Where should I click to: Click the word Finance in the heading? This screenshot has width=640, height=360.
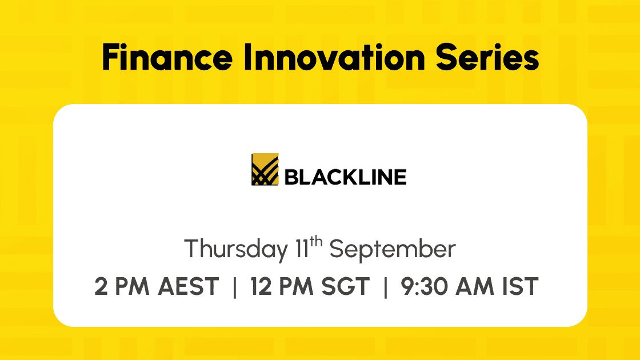click(167, 57)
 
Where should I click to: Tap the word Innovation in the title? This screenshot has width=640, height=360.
click(334, 57)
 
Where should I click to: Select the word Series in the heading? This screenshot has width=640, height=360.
click(487, 57)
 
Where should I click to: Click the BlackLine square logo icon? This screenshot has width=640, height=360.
click(265, 169)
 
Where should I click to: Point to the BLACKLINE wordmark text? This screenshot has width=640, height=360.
click(345, 177)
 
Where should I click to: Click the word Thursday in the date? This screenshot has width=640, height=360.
click(236, 249)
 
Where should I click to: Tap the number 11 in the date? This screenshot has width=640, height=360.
click(302, 249)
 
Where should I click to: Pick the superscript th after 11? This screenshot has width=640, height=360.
click(316, 242)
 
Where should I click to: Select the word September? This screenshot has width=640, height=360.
click(392, 249)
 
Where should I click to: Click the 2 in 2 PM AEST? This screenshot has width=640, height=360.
click(101, 286)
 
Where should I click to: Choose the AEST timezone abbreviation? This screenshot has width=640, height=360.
click(189, 286)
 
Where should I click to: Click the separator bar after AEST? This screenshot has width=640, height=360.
click(235, 286)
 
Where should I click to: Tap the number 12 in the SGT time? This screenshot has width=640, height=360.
click(261, 286)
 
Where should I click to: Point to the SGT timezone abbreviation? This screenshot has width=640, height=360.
click(345, 286)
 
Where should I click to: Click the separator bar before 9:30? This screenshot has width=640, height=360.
click(385, 286)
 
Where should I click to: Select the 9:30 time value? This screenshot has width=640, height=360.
click(425, 286)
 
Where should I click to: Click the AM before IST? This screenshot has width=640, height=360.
click(475, 286)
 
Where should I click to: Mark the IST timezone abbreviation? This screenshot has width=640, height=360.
click(521, 286)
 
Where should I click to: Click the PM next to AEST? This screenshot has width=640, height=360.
click(132, 286)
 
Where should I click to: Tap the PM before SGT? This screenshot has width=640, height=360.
click(297, 286)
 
